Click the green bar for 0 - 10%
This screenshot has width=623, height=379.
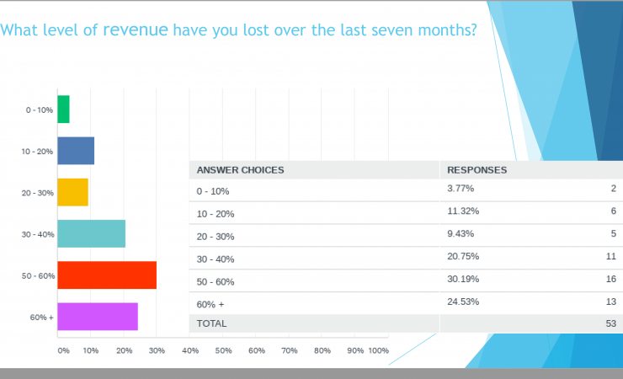(63, 109)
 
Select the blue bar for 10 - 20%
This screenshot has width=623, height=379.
(76, 151)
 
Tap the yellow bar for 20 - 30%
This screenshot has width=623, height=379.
(72, 192)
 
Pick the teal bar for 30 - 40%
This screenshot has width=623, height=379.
(91, 233)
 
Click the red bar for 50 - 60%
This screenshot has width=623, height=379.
(107, 275)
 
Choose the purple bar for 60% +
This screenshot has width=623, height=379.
(98, 317)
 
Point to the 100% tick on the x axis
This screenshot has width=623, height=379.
(378, 350)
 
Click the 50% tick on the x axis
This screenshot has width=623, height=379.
(223, 350)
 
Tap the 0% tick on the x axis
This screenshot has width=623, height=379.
(63, 350)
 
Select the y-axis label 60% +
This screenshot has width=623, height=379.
(42, 318)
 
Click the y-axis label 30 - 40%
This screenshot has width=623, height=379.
(38, 234)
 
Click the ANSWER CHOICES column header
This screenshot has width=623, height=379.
(240, 170)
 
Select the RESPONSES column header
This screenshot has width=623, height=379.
(477, 170)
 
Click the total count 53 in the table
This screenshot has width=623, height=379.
(611, 323)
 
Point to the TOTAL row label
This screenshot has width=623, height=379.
(211, 323)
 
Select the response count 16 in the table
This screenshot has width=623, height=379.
(611, 278)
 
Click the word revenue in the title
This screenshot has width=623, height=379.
(136, 31)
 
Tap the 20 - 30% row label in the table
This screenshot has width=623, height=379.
(216, 237)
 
